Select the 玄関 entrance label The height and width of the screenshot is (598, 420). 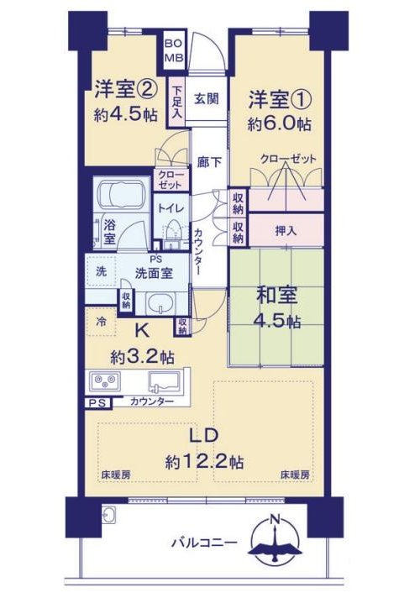(207, 98)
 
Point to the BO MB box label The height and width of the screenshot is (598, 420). (172, 50)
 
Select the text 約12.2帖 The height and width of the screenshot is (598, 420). (205, 461)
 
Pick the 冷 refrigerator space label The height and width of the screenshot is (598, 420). (101, 321)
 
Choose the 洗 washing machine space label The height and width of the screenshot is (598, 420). (101, 272)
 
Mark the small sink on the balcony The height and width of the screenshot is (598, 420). (108, 516)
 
